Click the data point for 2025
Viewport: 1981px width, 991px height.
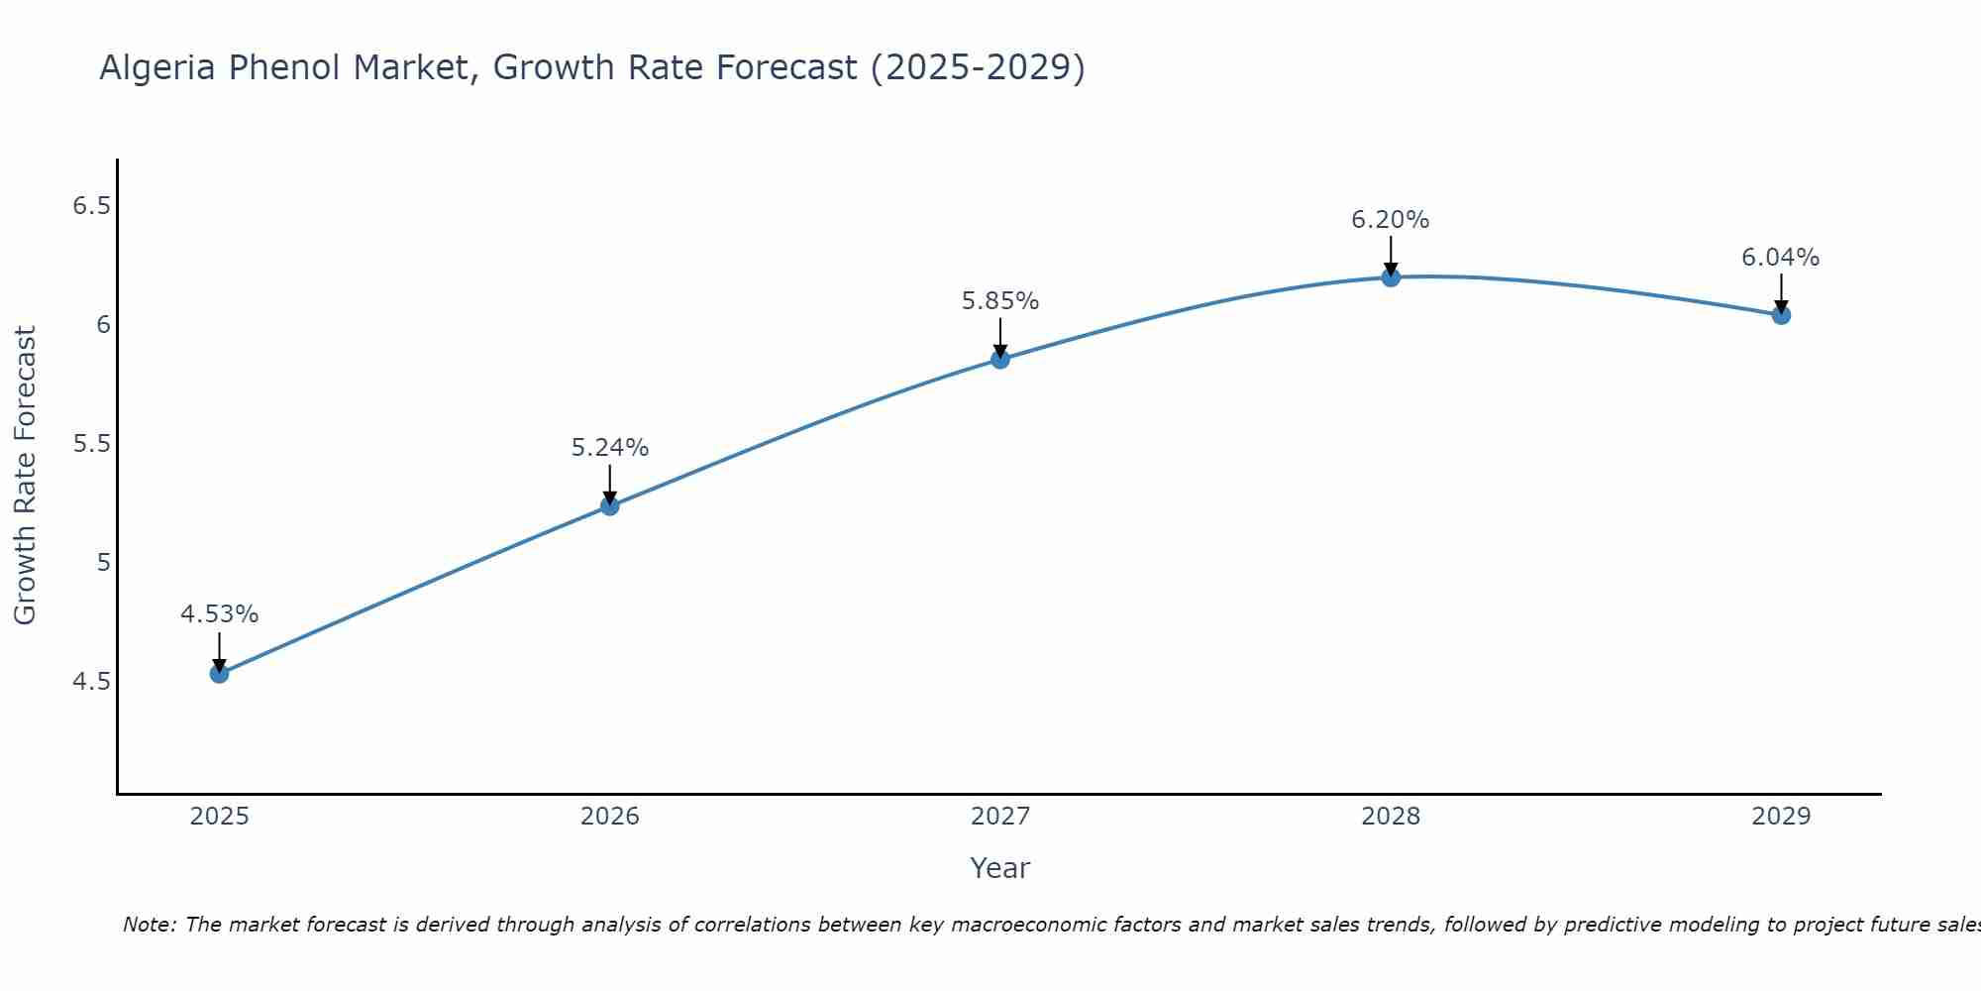pyautogui.click(x=219, y=674)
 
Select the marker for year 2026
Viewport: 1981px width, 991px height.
pyautogui.click(x=609, y=506)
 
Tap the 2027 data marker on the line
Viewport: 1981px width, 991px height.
pyautogui.click(x=1000, y=360)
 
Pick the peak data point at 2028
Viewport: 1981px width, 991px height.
pyautogui.click(x=1391, y=277)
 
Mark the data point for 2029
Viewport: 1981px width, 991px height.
pyautogui.click(x=1781, y=315)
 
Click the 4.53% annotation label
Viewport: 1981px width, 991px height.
pyautogui.click(x=219, y=614)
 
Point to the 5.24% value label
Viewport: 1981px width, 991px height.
pyautogui.click(x=609, y=448)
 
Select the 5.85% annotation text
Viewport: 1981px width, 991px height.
pyautogui.click(x=1000, y=301)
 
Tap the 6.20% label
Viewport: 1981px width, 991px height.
pyautogui.click(x=1391, y=220)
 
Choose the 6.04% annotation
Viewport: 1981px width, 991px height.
pyautogui.click(x=1780, y=258)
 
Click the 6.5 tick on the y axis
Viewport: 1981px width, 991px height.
pyautogui.click(x=91, y=206)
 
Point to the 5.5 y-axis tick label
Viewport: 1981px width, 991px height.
pyautogui.click(x=91, y=444)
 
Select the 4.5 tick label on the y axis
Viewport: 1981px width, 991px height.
pyautogui.click(x=91, y=682)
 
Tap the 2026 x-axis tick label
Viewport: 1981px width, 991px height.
pyautogui.click(x=609, y=817)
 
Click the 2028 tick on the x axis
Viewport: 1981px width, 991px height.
pyautogui.click(x=1391, y=817)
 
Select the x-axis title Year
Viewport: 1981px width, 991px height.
pyautogui.click(x=1000, y=868)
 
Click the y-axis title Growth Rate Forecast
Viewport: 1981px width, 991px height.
pyautogui.click(x=26, y=476)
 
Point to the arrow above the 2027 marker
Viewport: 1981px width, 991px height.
pyautogui.click(x=1000, y=337)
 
